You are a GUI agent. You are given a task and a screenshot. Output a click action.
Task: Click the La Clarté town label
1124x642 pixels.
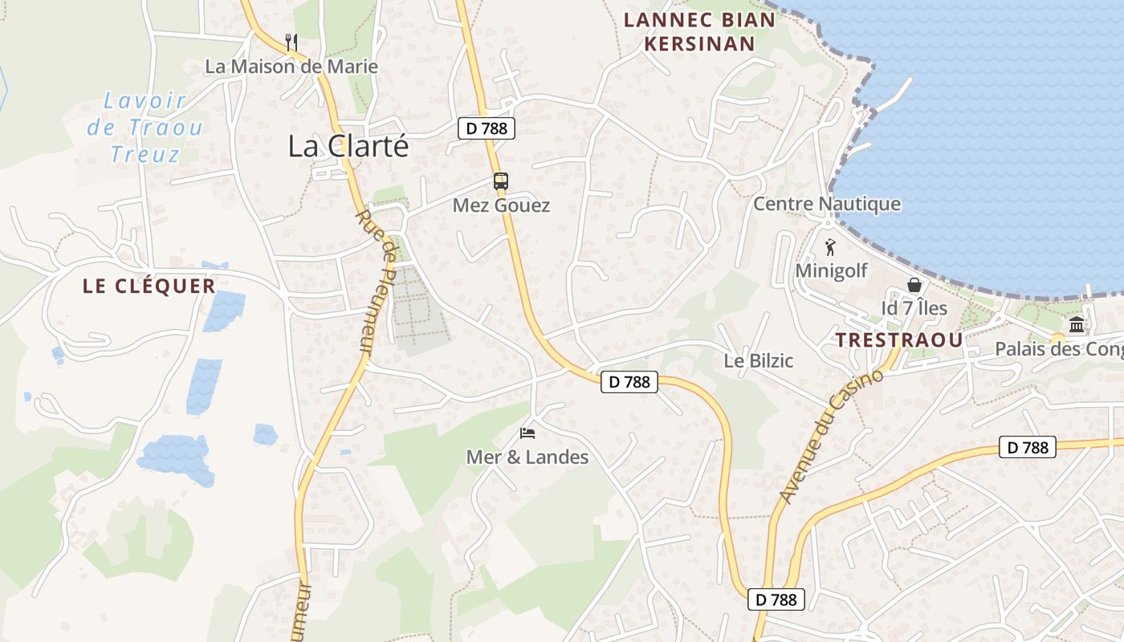348,146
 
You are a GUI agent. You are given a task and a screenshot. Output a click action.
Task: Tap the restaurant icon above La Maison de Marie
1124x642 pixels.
291,42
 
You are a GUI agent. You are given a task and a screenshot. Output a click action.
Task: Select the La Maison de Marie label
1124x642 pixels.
291,67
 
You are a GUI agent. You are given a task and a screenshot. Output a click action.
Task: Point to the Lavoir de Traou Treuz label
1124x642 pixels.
145,127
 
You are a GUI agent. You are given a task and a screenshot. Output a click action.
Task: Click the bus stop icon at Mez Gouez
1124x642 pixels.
501,181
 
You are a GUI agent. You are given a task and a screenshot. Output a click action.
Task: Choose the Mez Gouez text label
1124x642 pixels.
501,205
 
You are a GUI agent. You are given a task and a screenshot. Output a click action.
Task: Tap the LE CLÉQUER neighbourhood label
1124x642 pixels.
149,286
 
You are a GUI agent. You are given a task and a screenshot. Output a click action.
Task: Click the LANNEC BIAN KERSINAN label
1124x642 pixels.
700,31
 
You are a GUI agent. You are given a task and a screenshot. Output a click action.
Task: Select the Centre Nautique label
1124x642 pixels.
826,204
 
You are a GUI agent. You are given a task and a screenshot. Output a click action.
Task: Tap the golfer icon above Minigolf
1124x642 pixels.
830,247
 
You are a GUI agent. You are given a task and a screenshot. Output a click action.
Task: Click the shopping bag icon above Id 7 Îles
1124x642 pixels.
914,285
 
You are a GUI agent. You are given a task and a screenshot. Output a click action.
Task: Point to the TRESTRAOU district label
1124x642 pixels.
899,339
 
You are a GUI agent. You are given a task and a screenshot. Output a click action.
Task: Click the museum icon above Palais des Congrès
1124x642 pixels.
1077,325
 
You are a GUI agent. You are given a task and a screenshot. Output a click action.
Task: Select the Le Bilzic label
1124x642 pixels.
759,361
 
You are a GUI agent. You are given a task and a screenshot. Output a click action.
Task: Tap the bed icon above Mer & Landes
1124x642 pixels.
527,433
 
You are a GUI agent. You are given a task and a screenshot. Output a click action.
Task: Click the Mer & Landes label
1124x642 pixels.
527,457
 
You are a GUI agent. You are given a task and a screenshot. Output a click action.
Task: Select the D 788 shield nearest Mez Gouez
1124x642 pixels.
487,128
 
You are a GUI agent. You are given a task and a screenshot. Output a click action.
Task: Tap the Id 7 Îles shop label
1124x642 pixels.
914,308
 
